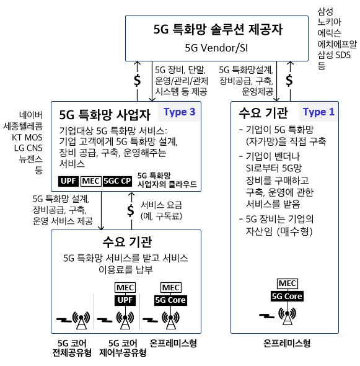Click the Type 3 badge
(179, 112)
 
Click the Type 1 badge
(318, 112)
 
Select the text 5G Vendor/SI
(216, 48)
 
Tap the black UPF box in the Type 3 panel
(68, 181)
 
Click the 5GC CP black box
(117, 181)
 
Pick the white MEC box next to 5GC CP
(91, 181)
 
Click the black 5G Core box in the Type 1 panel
(287, 296)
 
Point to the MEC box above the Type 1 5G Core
(288, 283)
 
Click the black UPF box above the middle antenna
(125, 300)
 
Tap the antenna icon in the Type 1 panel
(288, 316)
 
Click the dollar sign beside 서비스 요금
(131, 210)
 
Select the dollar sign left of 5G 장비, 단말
(138, 81)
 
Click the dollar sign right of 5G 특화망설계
(289, 81)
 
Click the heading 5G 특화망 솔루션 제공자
(218, 30)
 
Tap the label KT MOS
(27, 137)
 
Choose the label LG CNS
(29, 148)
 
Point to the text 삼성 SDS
(334, 55)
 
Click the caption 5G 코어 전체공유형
(72, 348)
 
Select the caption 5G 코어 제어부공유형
(123, 348)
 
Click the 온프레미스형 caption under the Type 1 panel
(287, 343)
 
